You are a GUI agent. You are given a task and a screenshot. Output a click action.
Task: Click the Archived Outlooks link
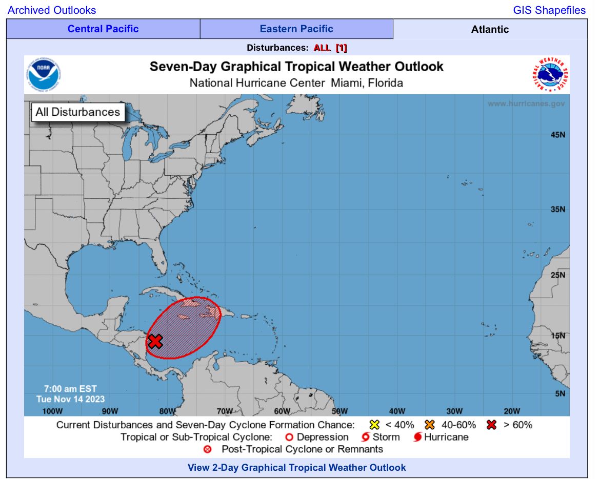pos(52,10)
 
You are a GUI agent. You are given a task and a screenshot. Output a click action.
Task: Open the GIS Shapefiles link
pos(549,10)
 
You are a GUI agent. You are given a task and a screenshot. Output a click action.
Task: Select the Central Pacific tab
pos(103,29)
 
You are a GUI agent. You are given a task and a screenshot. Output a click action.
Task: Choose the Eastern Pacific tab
pos(296,29)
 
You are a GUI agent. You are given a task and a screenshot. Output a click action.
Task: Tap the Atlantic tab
pos(490,29)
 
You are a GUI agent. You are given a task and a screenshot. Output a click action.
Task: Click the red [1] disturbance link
pos(341,48)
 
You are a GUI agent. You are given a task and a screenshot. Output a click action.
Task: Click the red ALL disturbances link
pos(322,48)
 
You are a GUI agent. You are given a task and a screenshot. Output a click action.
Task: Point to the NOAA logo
pos(45,75)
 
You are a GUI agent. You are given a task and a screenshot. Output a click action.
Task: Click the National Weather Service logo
pos(550,75)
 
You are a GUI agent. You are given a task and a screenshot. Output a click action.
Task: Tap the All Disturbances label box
pos(77,112)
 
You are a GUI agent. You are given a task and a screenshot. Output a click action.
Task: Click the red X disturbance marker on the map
pos(155,341)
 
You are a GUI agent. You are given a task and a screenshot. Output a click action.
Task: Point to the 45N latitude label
pos(557,135)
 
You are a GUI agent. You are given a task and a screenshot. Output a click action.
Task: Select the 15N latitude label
pos(557,336)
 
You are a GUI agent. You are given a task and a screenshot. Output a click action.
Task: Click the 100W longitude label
pos(52,411)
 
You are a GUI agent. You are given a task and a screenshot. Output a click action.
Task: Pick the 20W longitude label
pos(512,411)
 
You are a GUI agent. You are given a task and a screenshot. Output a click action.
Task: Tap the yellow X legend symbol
pos(374,425)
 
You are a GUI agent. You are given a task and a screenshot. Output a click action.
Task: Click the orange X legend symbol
pos(430,425)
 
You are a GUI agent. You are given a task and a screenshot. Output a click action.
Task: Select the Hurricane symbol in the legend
pos(417,438)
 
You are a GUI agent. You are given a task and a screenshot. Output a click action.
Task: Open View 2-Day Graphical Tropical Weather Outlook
pos(296,467)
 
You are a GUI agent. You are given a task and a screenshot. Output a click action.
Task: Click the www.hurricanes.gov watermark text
pos(526,103)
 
